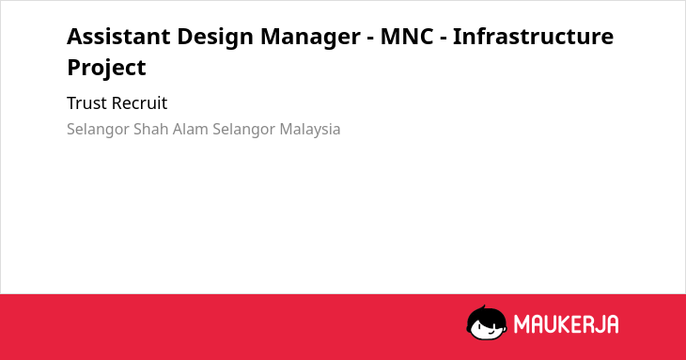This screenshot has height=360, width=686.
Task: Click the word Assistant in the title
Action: pyautogui.click(x=118, y=37)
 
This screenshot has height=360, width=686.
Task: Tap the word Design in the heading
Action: pyautogui.click(x=215, y=38)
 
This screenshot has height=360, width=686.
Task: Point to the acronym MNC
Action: pyautogui.click(x=407, y=37)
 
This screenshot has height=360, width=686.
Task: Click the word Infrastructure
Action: pyautogui.click(x=534, y=37)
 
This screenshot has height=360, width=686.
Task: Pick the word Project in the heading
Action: pyautogui.click(x=106, y=69)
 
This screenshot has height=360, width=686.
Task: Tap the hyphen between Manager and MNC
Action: pyautogui.click(x=370, y=39)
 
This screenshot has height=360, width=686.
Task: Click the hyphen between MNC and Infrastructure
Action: pyautogui.click(x=443, y=39)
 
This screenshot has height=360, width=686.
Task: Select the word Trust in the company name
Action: pyautogui.click(x=86, y=103)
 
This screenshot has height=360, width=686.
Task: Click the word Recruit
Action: pyautogui.click(x=140, y=103)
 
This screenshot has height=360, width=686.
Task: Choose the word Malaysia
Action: pyautogui.click(x=310, y=130)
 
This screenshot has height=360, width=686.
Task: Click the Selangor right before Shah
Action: pyautogui.click(x=98, y=130)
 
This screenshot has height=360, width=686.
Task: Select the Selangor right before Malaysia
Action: pyautogui.click(x=244, y=130)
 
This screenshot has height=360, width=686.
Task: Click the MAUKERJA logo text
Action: pyautogui.click(x=566, y=324)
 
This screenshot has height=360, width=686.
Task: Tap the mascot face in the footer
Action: pyautogui.click(x=487, y=323)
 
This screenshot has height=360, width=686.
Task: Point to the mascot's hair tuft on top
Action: pyautogui.click(x=483, y=308)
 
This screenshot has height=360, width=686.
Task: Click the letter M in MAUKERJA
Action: pyautogui.click(x=522, y=324)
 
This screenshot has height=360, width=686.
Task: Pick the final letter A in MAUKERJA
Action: pyautogui.click(x=612, y=324)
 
